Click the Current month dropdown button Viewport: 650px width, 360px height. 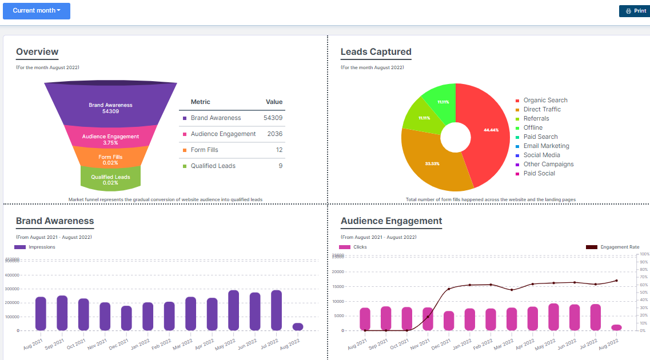37,11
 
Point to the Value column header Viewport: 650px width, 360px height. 274,102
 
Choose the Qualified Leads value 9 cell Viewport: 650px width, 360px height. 280,166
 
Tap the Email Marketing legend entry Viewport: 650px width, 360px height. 546,146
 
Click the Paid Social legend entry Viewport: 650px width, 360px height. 539,173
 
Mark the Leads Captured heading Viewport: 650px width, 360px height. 376,52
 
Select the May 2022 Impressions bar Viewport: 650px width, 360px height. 233,310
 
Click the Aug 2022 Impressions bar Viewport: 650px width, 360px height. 298,326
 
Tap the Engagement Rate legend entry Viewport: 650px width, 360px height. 619,247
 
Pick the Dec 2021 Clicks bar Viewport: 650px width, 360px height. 449,320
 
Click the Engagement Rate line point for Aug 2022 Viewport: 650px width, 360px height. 616,281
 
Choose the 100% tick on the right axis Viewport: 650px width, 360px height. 644,254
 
